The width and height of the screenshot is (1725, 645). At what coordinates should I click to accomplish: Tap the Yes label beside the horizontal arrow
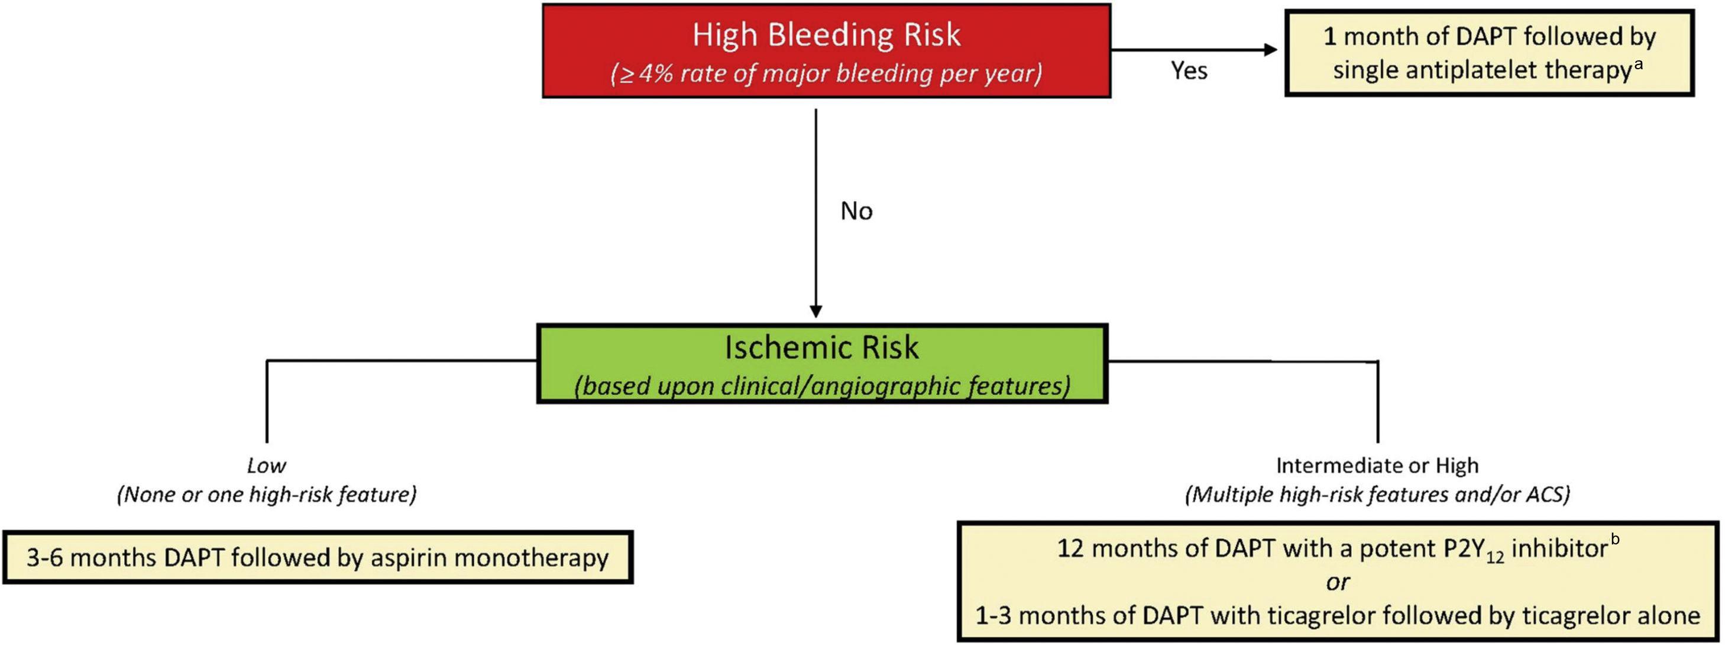[x=1189, y=70]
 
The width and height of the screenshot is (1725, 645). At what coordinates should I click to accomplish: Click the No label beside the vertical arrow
[x=856, y=211]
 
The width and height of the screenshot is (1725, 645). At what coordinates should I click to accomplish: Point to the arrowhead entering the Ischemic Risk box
[x=815, y=311]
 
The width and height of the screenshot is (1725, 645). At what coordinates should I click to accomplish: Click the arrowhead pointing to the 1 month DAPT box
[x=1270, y=50]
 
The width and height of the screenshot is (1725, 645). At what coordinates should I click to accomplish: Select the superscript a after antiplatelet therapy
[x=1638, y=64]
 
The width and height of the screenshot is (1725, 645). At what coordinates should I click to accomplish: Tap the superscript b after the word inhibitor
[x=1615, y=539]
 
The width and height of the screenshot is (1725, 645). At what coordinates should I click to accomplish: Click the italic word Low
[x=266, y=466]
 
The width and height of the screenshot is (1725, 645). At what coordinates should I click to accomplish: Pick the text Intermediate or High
[x=1377, y=465]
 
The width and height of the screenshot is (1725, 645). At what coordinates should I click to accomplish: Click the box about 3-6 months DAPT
[x=318, y=557]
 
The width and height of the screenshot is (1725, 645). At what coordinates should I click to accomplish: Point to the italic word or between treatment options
[x=1337, y=582]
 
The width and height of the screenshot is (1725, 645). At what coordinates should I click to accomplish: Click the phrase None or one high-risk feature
[x=267, y=494]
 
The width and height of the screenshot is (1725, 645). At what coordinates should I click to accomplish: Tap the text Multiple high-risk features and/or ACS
[x=1377, y=494]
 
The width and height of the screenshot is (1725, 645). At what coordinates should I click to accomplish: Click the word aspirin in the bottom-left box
[x=406, y=558]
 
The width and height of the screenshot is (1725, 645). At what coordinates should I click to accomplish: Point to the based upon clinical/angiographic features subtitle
[x=821, y=386]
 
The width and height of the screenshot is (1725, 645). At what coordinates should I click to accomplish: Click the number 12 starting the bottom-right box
[x=1071, y=549]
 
